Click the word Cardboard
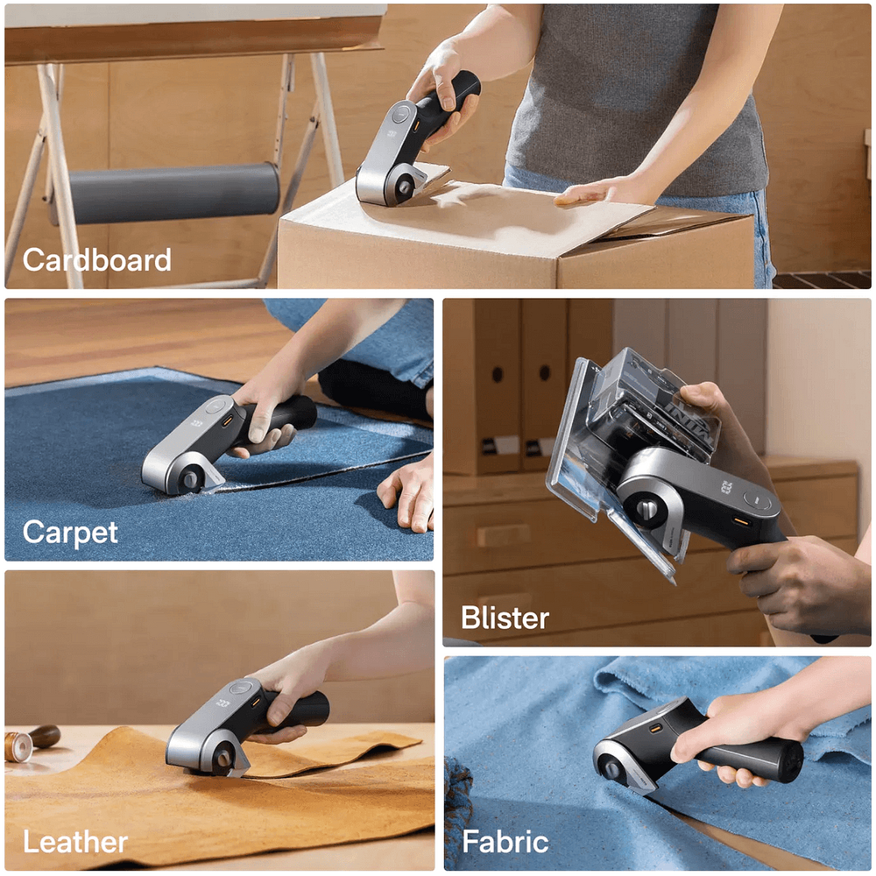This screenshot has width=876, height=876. pyautogui.click(x=96, y=260)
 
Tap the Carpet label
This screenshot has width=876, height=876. pyautogui.click(x=70, y=533)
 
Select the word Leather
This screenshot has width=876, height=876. pyautogui.click(x=74, y=841)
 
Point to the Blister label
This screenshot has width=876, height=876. pyautogui.click(x=505, y=618)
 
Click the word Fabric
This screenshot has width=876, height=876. pyautogui.click(x=505, y=841)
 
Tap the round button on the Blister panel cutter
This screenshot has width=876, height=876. pyautogui.click(x=757, y=501)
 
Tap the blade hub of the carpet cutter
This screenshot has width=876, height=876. pyautogui.click(x=190, y=479)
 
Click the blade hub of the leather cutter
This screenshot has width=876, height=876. pyautogui.click(x=223, y=759)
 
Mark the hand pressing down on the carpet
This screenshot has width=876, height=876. pyautogui.click(x=406, y=494)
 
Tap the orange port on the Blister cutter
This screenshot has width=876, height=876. pyautogui.click(x=741, y=522)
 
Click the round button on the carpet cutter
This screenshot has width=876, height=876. pyautogui.click(x=216, y=406)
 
